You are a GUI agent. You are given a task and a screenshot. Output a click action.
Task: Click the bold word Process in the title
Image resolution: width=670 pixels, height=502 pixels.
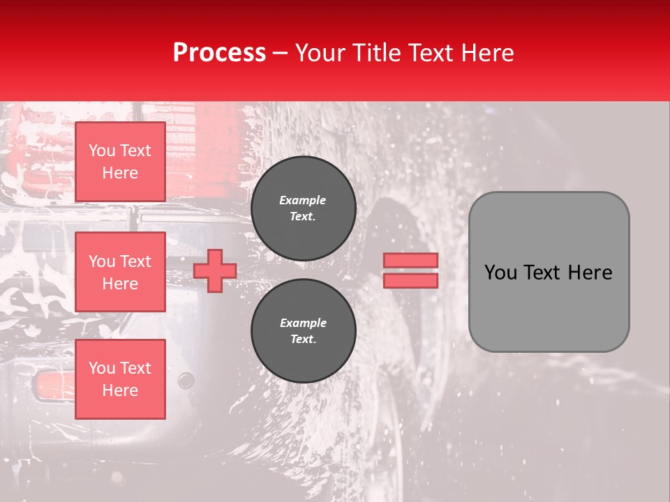click(x=219, y=53)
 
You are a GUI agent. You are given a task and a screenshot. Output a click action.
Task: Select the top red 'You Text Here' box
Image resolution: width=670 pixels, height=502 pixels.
click(x=120, y=162)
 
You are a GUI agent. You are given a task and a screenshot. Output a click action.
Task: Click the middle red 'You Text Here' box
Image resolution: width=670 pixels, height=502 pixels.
click(x=120, y=272)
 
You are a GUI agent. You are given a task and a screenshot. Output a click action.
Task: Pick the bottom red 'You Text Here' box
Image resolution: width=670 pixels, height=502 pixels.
click(x=120, y=379)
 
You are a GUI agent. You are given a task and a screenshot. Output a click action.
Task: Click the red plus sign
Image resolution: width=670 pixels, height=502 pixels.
click(x=215, y=271)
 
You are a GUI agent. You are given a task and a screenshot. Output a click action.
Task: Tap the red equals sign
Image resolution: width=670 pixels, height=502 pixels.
click(x=410, y=271)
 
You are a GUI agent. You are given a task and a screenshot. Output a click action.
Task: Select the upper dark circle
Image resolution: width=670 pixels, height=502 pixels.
click(x=304, y=208)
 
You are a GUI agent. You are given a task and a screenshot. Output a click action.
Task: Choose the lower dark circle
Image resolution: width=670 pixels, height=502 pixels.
click(x=304, y=331)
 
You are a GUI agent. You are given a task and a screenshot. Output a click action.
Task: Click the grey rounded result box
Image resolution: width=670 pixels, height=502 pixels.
click(x=549, y=272)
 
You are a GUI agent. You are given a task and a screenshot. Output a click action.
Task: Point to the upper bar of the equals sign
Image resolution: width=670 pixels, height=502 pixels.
click(x=410, y=261)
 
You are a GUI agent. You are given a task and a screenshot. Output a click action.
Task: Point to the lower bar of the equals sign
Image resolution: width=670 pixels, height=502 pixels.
click(x=410, y=280)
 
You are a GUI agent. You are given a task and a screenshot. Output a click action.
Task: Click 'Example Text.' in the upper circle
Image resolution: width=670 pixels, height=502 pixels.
click(x=303, y=208)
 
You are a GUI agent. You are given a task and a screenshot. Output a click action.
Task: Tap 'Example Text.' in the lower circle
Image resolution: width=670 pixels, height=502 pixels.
click(x=303, y=331)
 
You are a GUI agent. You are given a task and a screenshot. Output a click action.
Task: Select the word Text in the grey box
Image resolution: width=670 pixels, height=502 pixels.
click(x=548, y=273)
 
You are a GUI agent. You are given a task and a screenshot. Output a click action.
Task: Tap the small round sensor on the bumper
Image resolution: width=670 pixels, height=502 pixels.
click(x=186, y=380)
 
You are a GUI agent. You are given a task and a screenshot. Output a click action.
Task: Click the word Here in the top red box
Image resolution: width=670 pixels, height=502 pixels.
click(x=120, y=173)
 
